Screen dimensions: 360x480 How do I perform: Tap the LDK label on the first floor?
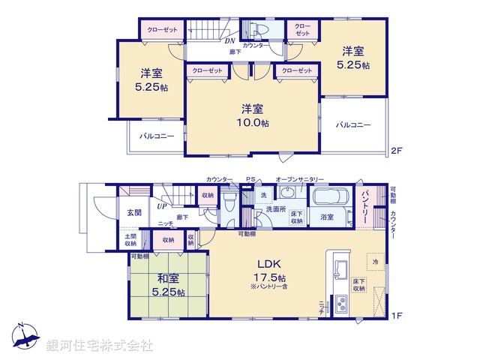pyautogui.click(x=269, y=264)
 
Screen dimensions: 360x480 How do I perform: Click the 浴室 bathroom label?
pyautogui.click(x=328, y=217)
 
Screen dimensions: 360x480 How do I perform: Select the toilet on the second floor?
pyautogui.click(x=255, y=29)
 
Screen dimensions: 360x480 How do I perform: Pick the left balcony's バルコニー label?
pyautogui.click(x=157, y=136)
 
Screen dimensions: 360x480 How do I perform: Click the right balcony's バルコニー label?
pyautogui.click(x=353, y=125)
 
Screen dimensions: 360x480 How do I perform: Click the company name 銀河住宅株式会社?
pyautogui.click(x=100, y=346)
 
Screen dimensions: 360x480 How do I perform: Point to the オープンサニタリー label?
pyautogui.click(x=300, y=180)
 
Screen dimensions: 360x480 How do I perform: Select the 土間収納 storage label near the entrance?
pyautogui.click(x=130, y=240)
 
